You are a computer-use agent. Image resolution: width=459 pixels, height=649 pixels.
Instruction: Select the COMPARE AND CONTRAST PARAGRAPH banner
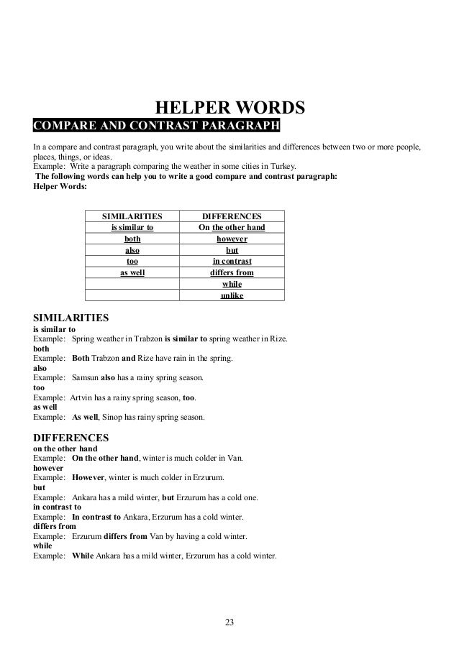coord(155,128)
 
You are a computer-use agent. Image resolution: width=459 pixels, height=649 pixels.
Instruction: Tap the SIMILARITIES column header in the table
coord(132,216)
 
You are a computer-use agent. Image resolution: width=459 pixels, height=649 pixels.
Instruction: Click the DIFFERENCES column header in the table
coord(231,216)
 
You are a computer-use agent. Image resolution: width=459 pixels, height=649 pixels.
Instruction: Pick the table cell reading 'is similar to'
coord(132,228)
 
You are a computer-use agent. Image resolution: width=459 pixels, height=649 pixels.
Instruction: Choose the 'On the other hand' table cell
coord(231,228)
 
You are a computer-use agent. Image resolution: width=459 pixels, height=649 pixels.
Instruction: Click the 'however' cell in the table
coord(231,239)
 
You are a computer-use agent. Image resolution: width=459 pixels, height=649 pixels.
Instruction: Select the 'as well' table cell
coord(132,273)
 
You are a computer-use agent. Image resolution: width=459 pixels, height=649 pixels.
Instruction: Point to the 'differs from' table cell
coord(231,273)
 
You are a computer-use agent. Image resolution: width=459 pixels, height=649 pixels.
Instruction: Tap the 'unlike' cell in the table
coord(231,295)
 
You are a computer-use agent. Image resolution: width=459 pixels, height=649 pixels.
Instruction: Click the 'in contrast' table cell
coord(231,262)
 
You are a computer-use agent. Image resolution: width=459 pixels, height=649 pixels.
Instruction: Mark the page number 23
coord(229,622)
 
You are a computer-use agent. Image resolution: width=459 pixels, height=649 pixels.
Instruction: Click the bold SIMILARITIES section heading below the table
coord(71,316)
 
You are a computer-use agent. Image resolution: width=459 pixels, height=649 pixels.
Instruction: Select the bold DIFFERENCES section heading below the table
coord(71,437)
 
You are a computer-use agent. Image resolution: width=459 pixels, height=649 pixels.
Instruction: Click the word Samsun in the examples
coord(86,377)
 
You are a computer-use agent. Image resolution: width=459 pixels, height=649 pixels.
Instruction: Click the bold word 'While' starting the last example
coord(83,556)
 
